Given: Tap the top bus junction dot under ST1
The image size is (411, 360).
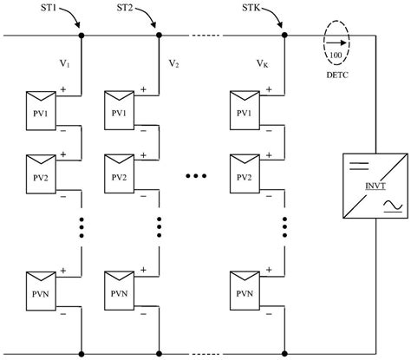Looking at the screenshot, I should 81,36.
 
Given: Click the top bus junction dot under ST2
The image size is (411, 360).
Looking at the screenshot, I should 160,36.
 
